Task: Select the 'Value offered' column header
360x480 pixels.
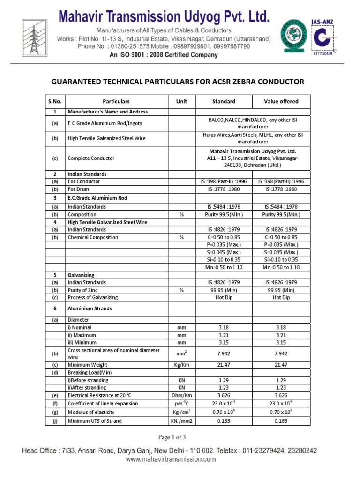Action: click(x=281, y=101)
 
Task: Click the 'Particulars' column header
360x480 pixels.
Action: click(x=116, y=101)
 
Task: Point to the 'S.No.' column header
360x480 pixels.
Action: click(x=55, y=101)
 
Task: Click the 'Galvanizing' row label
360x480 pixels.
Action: click(x=81, y=275)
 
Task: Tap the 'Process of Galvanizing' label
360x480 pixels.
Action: click(x=93, y=297)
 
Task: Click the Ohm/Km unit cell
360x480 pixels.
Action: click(x=181, y=395)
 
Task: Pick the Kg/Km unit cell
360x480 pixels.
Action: click(x=181, y=364)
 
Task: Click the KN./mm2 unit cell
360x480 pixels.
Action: click(x=181, y=421)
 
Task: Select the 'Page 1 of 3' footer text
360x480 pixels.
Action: click(x=172, y=437)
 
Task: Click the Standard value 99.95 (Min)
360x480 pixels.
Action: click(x=224, y=290)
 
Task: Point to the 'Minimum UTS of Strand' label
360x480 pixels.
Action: click(x=95, y=421)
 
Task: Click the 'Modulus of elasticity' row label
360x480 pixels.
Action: click(x=92, y=412)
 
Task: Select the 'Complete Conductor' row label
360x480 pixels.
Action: click(x=91, y=158)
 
